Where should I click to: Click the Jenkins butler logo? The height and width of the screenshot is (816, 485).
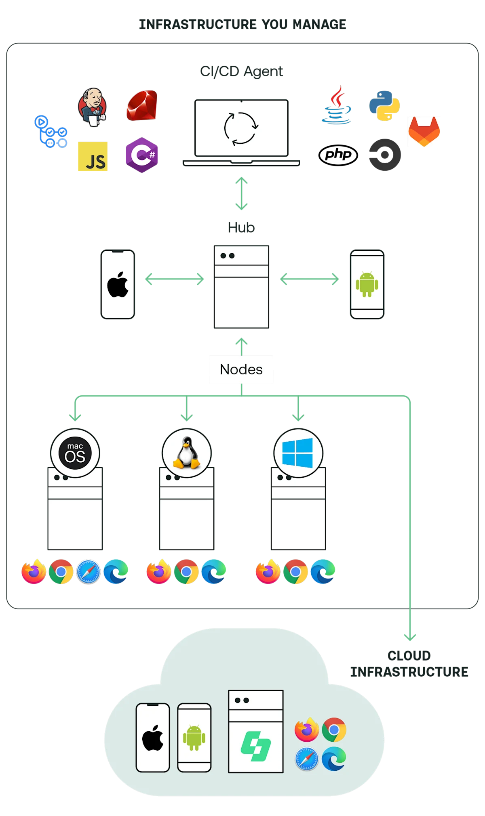click(x=93, y=107)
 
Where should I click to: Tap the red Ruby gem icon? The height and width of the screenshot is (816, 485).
click(x=142, y=105)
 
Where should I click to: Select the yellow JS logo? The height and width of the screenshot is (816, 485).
click(x=93, y=156)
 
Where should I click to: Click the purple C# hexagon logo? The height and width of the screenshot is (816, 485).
click(x=142, y=155)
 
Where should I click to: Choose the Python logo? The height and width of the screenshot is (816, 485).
click(x=384, y=106)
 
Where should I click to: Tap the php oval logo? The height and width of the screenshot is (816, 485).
click(x=338, y=155)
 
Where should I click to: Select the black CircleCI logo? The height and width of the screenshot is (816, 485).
click(x=385, y=155)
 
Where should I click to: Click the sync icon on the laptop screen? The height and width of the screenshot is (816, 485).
click(x=241, y=128)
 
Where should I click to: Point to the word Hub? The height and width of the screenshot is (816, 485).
click(x=241, y=227)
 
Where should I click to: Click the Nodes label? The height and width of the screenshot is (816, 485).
click(x=241, y=369)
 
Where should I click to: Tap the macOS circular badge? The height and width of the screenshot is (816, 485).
click(x=75, y=453)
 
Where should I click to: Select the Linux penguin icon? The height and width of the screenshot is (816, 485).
click(x=187, y=453)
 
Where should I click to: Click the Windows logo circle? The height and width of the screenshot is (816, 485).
click(x=298, y=453)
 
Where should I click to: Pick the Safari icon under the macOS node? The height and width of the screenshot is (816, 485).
click(x=89, y=572)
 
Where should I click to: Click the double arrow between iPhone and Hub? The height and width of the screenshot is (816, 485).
click(x=175, y=279)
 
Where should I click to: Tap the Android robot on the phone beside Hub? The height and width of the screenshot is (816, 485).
click(x=367, y=285)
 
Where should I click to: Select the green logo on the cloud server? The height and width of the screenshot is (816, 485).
click(x=256, y=746)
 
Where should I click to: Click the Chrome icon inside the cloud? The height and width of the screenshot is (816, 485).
click(x=334, y=730)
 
